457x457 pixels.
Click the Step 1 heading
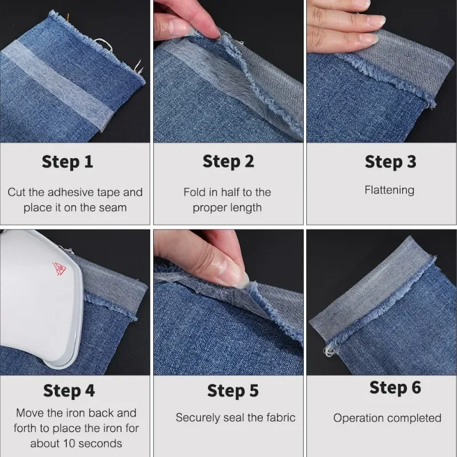[67, 162]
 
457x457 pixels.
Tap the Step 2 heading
[228, 162]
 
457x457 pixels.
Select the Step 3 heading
[390, 162]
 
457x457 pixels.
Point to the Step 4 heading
[69, 391]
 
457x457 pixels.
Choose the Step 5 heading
[232, 391]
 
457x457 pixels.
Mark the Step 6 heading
[395, 387]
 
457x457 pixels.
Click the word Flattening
[390, 190]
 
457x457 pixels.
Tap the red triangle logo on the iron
[58, 267]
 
